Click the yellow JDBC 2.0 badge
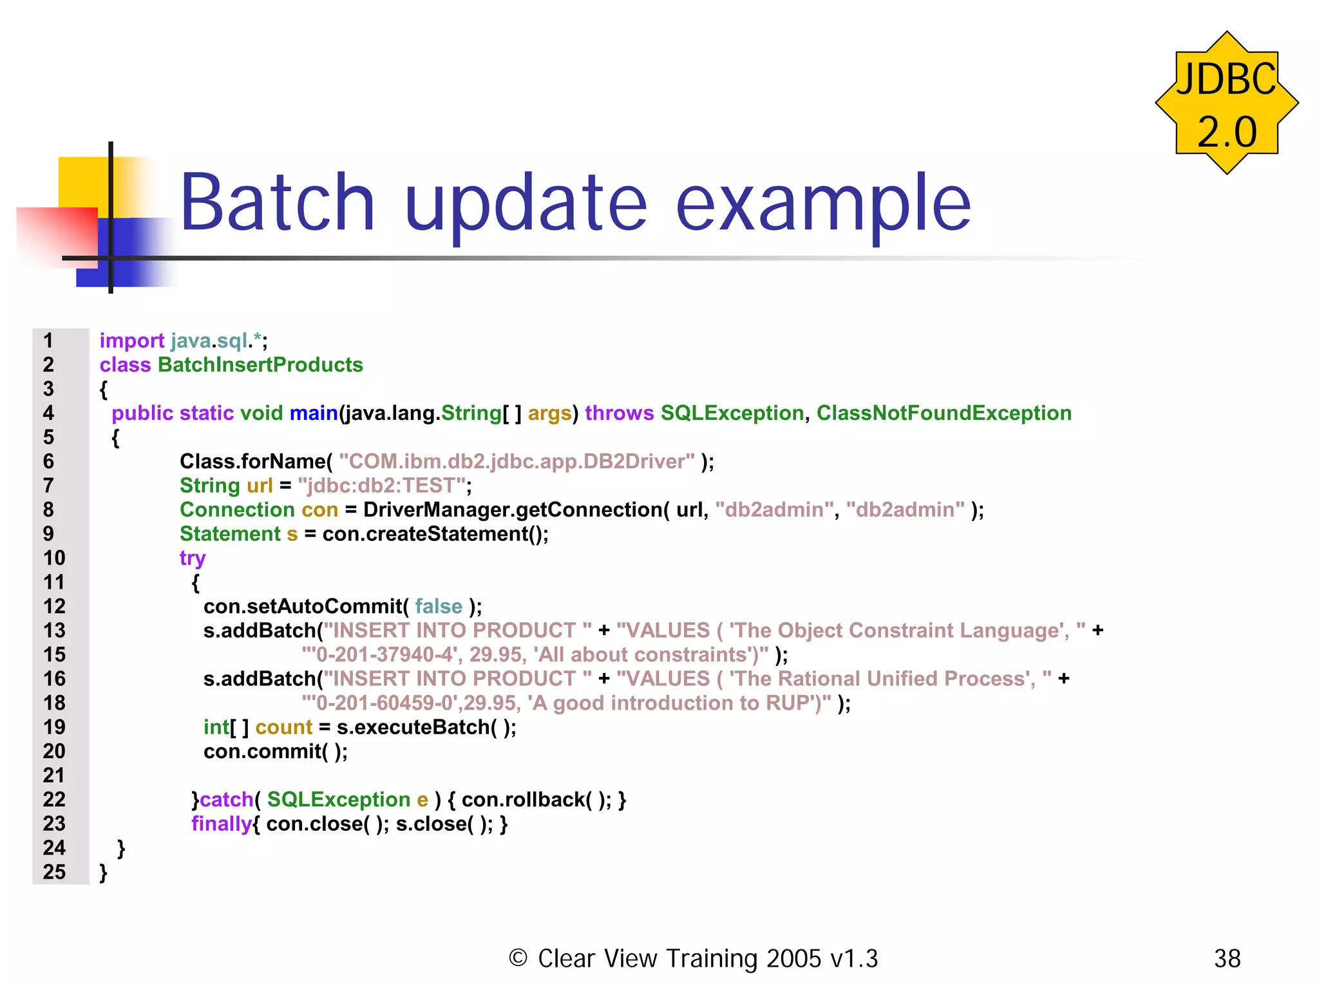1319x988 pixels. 1226,103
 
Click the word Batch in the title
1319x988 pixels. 277,203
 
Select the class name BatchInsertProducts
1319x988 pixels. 260,365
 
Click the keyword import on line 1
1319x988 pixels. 132,341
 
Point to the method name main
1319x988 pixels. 314,413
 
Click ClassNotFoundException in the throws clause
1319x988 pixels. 944,413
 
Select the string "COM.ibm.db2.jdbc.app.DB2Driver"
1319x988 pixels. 517,461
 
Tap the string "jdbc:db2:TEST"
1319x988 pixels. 381,485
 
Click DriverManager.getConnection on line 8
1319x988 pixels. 513,509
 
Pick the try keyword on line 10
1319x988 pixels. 192,558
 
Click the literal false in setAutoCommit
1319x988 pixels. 439,606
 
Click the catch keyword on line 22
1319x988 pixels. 227,799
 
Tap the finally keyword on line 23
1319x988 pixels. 221,824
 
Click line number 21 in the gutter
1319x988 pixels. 54,775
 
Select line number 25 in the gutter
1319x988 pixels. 54,871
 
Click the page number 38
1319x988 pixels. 1227,958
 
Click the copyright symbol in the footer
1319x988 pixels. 518,958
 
